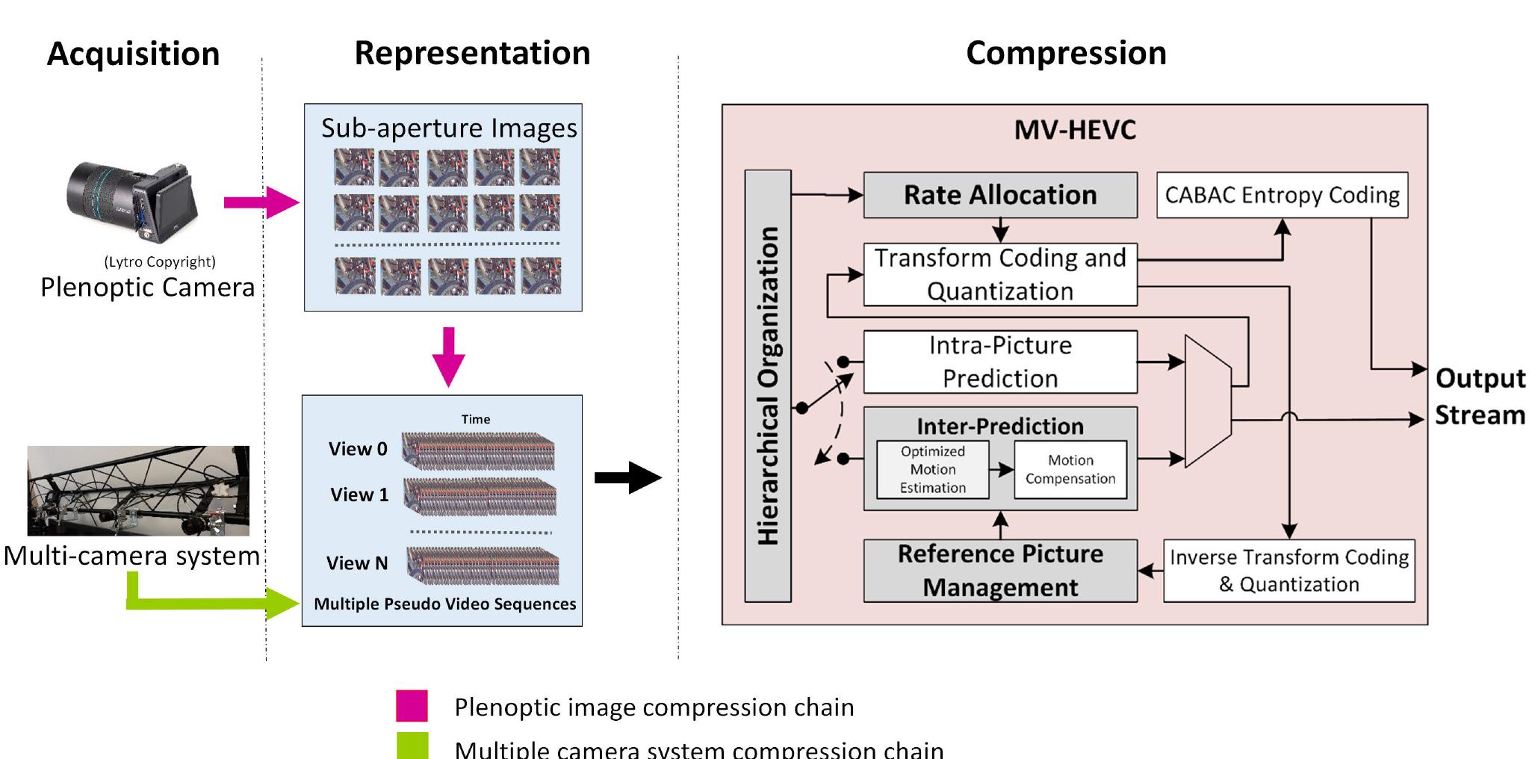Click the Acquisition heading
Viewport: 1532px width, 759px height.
click(133, 55)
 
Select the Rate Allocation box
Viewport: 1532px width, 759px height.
click(999, 196)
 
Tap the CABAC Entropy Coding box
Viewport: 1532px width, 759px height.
click(1282, 196)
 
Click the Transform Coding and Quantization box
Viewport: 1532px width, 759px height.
click(999, 274)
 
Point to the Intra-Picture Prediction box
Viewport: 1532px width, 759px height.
click(999, 362)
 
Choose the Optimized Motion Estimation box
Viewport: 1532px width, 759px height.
click(932, 470)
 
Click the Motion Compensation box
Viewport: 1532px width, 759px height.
click(1070, 470)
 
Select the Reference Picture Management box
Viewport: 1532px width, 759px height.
click(999, 571)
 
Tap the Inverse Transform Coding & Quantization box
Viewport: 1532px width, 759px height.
click(1288, 571)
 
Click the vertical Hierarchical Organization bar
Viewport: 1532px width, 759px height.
click(768, 385)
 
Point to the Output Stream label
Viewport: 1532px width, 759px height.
click(1479, 397)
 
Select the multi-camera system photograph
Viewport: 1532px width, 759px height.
click(138, 491)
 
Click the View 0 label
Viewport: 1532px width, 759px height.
click(358, 449)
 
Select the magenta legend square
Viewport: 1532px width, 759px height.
click(412, 706)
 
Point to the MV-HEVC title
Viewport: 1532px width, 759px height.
click(1074, 131)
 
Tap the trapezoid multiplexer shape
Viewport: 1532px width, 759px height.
click(1208, 401)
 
